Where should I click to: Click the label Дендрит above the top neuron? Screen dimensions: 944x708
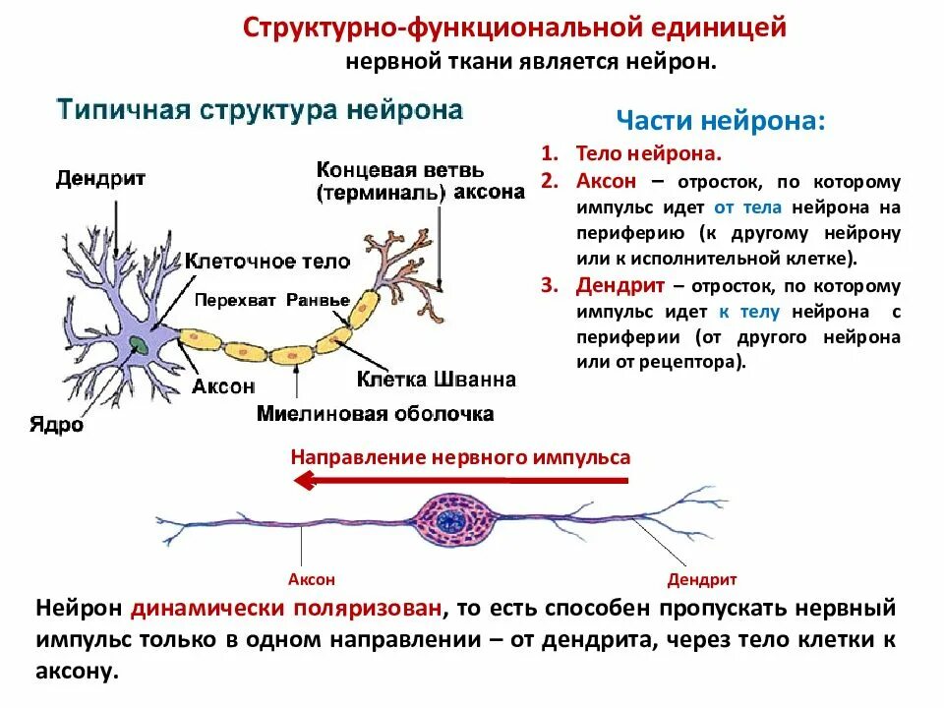click(101, 178)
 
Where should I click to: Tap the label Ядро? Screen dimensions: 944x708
click(56, 428)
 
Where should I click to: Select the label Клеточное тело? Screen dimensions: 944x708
click(267, 261)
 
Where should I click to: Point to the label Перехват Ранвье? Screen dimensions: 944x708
click(272, 300)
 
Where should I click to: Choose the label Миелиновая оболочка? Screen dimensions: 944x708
click(376, 414)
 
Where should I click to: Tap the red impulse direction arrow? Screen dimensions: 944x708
click(462, 480)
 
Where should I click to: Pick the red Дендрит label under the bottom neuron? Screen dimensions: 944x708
click(702, 579)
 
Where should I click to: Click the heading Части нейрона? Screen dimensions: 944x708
click(721, 121)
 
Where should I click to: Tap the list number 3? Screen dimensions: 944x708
click(548, 286)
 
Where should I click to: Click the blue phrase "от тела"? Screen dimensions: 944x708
click(737, 207)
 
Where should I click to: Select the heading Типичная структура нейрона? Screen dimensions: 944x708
click(260, 109)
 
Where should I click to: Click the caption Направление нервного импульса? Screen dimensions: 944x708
click(460, 457)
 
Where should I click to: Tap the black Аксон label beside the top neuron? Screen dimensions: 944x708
click(223, 386)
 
